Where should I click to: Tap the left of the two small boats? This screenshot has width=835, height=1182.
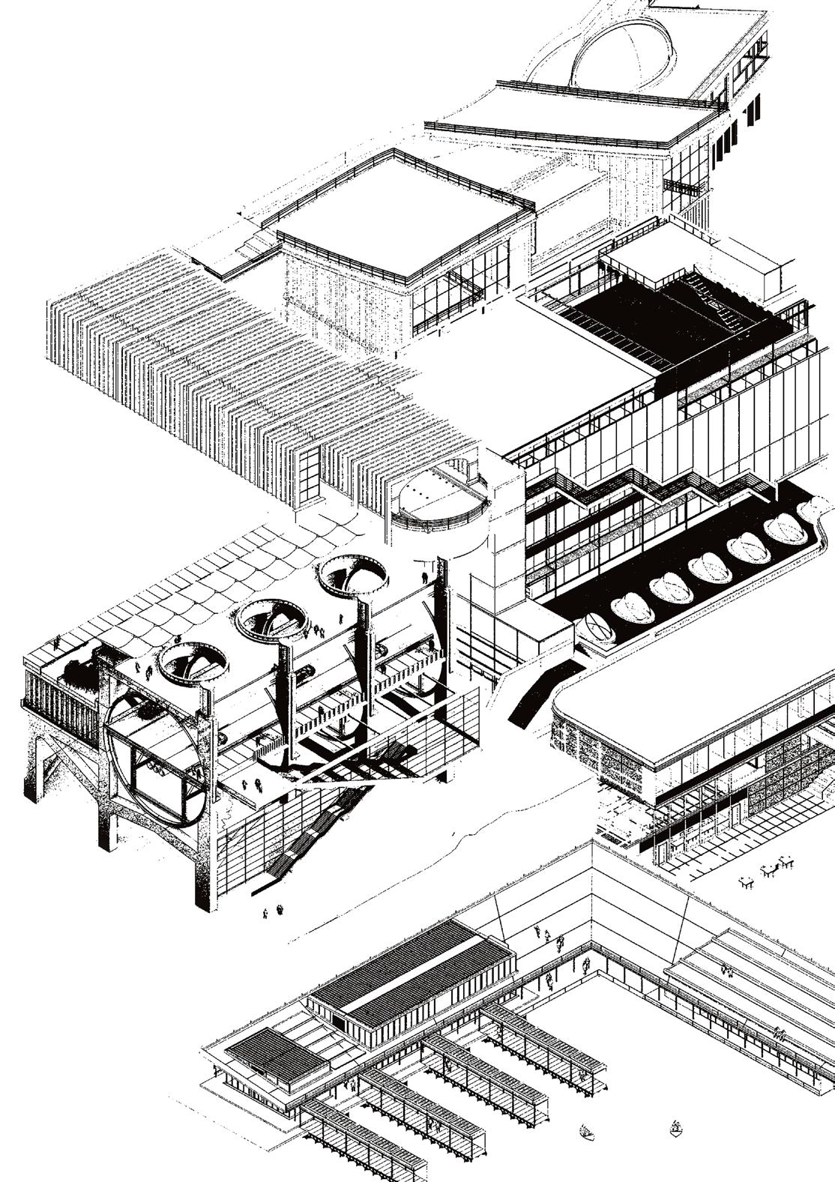588,1130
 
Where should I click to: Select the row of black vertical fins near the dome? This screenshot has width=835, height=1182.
736,131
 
